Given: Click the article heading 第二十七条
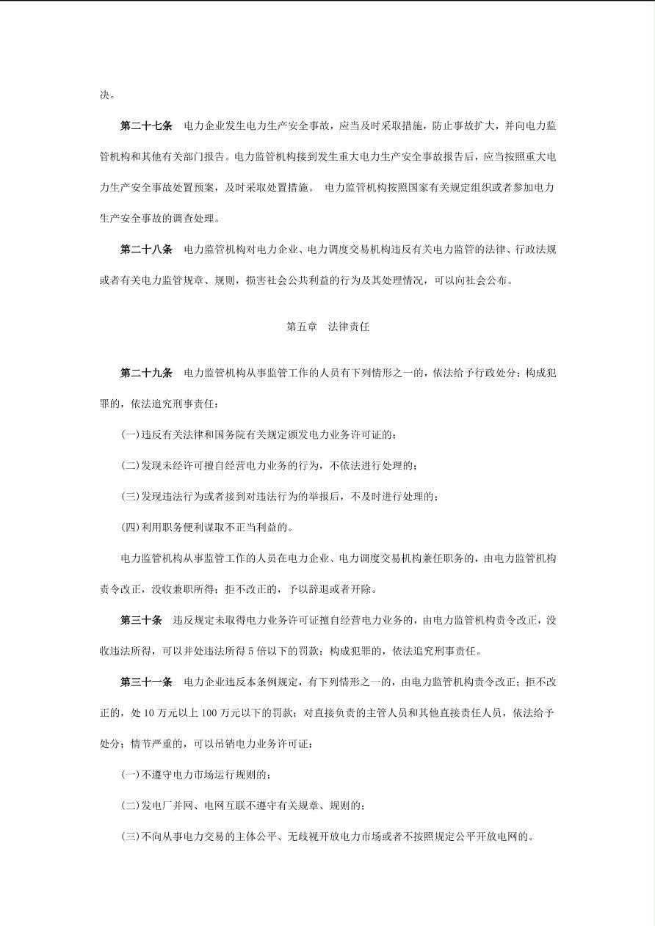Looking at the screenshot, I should point(146,126).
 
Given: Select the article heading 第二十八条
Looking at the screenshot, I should point(146,249).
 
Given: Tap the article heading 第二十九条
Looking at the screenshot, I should point(146,373).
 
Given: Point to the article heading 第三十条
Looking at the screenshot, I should point(141,620).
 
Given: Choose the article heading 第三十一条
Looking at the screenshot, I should point(146,682).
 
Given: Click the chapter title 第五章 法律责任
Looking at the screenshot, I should point(327,327).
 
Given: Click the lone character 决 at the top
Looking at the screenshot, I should point(104,95).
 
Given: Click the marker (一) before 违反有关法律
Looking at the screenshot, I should point(130,434).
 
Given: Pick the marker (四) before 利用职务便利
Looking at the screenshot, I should point(130,527).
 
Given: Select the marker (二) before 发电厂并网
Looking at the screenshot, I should point(130,805).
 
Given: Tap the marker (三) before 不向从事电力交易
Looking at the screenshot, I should point(130,836).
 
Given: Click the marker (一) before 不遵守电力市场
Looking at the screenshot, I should point(130,774).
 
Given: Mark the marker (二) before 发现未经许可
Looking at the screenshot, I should point(130,465).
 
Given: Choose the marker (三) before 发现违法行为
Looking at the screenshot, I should point(130,496).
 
